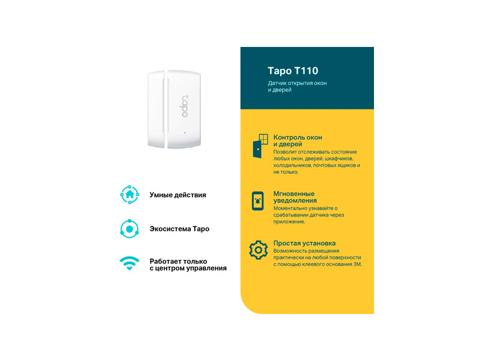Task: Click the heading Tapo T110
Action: pyautogui.click(x=293, y=71)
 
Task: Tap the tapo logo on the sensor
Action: pyautogui.click(x=185, y=106)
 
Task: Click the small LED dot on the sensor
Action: pyautogui.click(x=185, y=132)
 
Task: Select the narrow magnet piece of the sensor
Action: pyautogui.click(x=156, y=109)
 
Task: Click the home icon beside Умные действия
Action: pyautogui.click(x=129, y=194)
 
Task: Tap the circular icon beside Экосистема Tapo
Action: pyautogui.click(x=129, y=229)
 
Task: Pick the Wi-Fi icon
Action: pyautogui.click(x=129, y=263)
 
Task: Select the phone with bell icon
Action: pyautogui.click(x=258, y=201)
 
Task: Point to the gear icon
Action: pyautogui.click(x=259, y=250)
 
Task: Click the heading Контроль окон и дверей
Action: pyautogui.click(x=298, y=141)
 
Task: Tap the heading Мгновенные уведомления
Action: pyautogui.click(x=295, y=197)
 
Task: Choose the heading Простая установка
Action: pyautogui.click(x=304, y=243)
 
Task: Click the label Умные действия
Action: pyautogui.click(x=177, y=195)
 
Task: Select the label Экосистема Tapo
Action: pyautogui.click(x=179, y=229)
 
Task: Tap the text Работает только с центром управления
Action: pyautogui.click(x=188, y=265)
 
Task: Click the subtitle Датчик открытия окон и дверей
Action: pyautogui.click(x=297, y=86)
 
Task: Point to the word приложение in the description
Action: pyautogui.click(x=289, y=222)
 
